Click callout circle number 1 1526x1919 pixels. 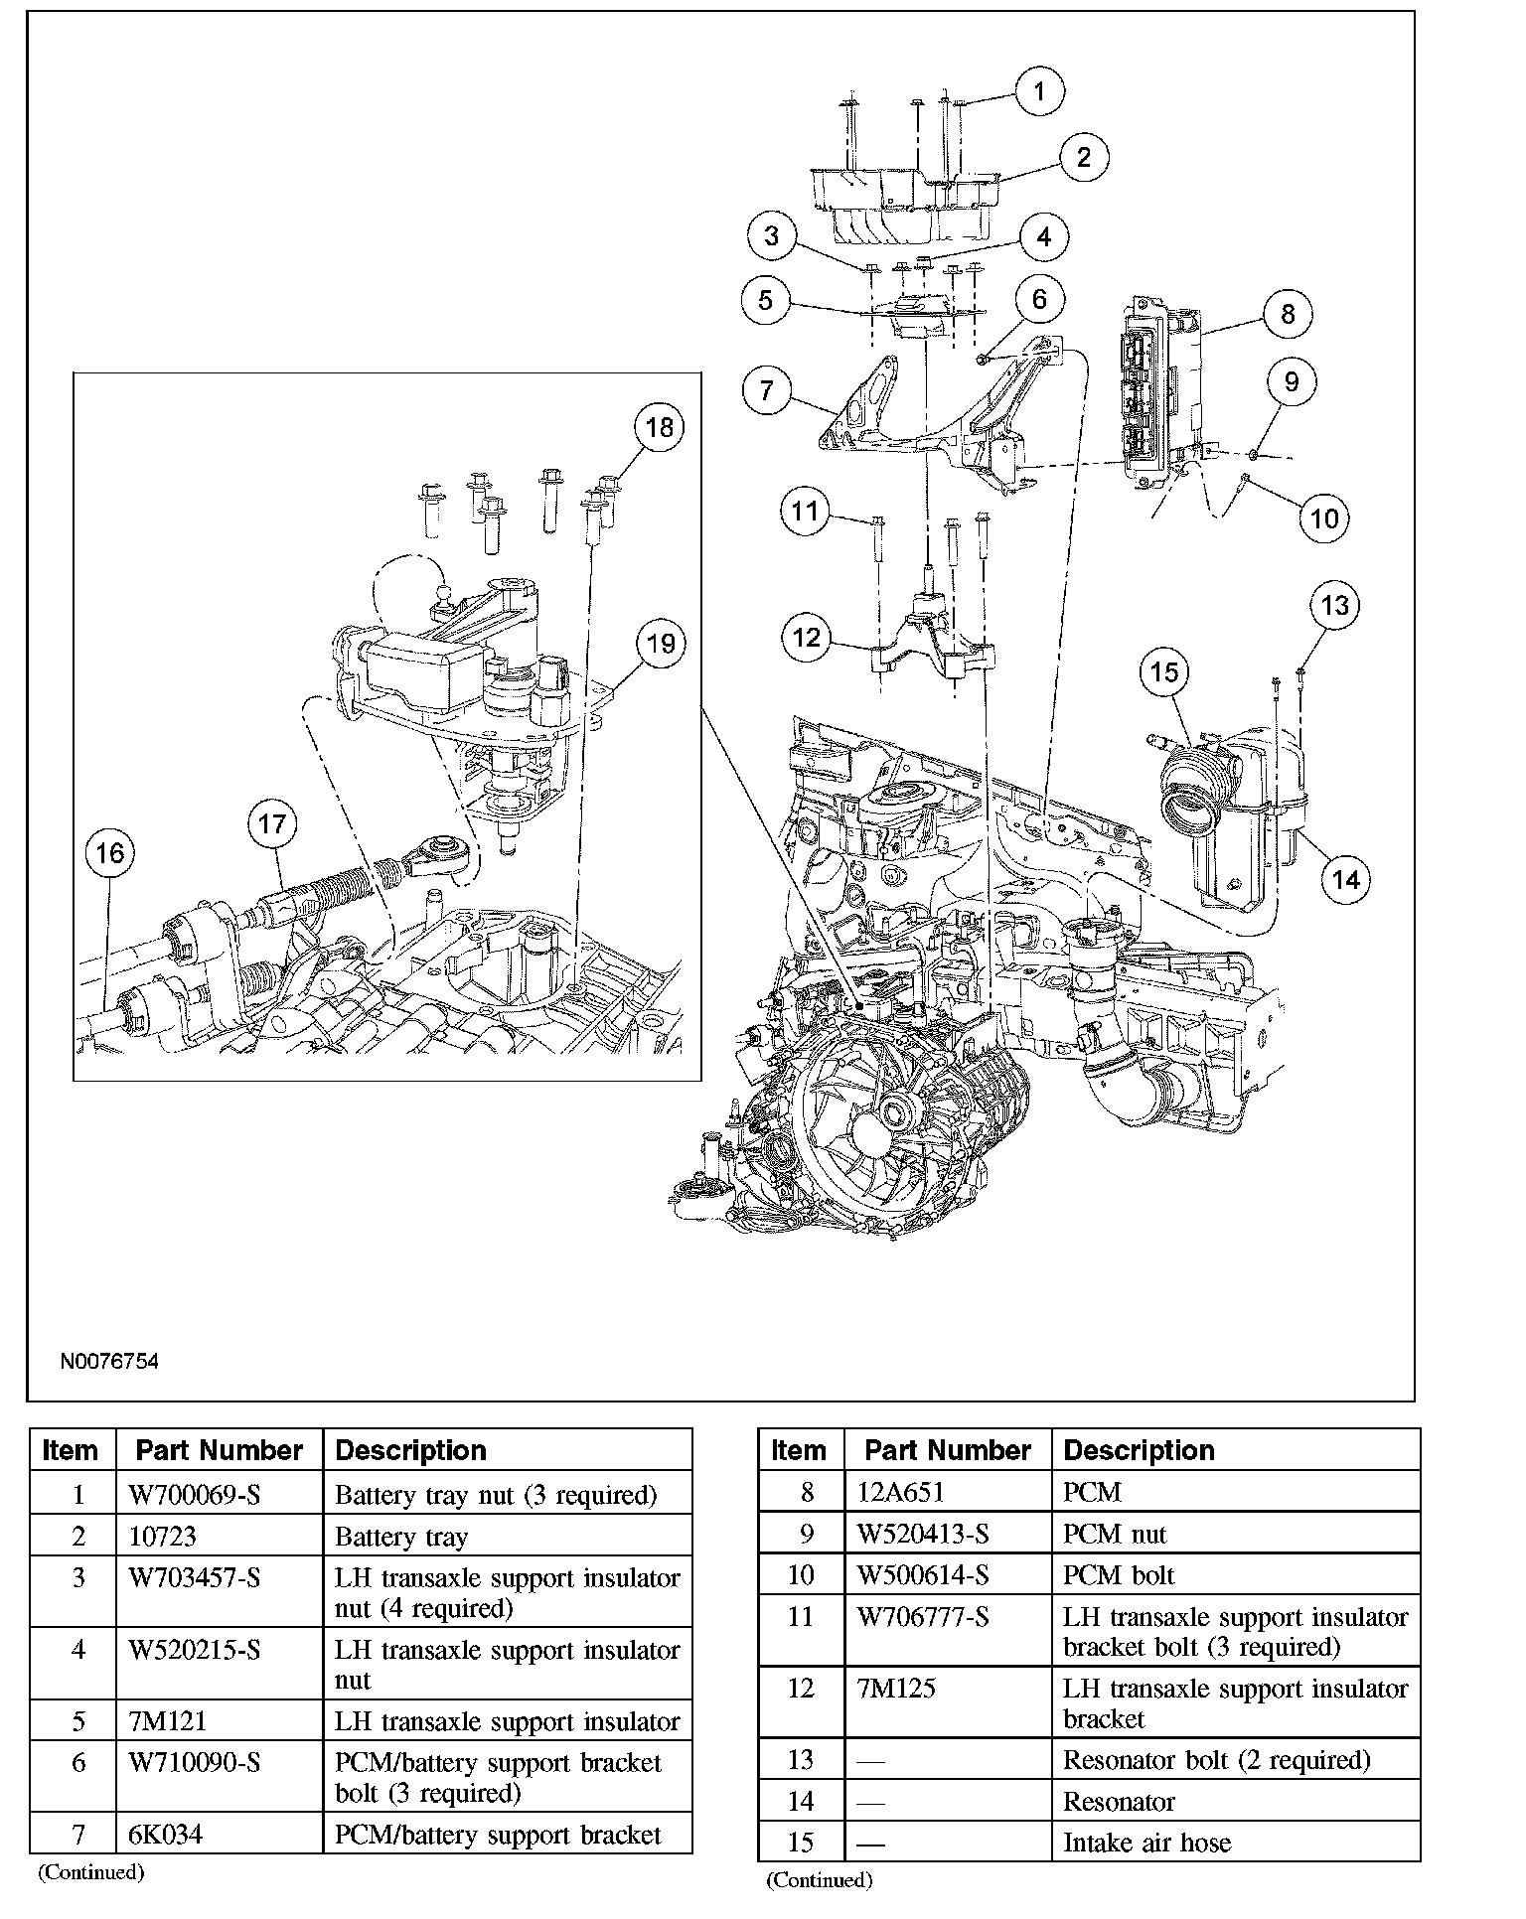click(x=1039, y=92)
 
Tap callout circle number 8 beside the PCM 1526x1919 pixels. click(x=1288, y=314)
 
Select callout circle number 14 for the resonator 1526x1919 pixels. click(x=1345, y=879)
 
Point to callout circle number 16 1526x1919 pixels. click(x=110, y=852)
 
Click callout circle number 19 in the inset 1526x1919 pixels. click(x=661, y=644)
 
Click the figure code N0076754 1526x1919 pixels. click(x=109, y=1361)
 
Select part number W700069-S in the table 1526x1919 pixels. click(x=194, y=1495)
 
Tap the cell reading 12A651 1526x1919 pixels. click(x=900, y=1492)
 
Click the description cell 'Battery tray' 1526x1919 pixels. click(x=401, y=1537)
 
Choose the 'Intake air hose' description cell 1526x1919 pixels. click(x=1146, y=1843)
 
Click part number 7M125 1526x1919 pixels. click(x=896, y=1689)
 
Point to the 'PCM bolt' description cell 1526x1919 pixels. click(x=1119, y=1575)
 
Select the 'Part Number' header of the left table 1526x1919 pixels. click(x=219, y=1450)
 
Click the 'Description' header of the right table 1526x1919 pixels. click(x=1139, y=1450)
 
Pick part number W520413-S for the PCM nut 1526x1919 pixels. click(x=923, y=1534)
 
